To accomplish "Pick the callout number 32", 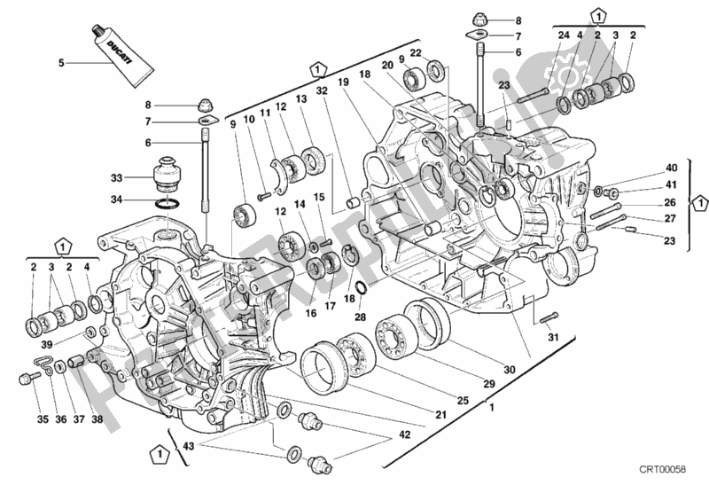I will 323,90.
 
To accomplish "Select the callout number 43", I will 187,445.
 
